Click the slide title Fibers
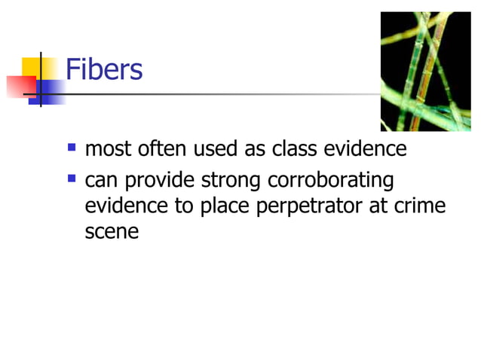click(104, 70)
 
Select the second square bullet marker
click(72, 179)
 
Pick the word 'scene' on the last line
click(112, 231)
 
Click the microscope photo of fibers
click(424, 72)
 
